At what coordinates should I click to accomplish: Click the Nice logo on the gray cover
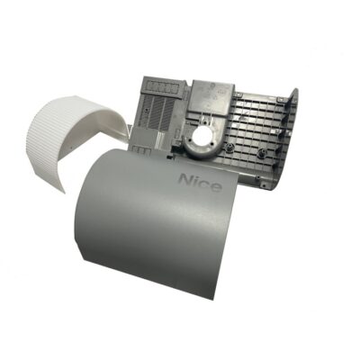[x=200, y=183]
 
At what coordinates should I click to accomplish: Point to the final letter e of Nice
[x=217, y=186]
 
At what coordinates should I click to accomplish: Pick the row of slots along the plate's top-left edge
[x=162, y=87]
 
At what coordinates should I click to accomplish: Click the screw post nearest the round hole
[x=230, y=147]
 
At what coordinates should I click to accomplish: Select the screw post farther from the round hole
[x=263, y=151]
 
